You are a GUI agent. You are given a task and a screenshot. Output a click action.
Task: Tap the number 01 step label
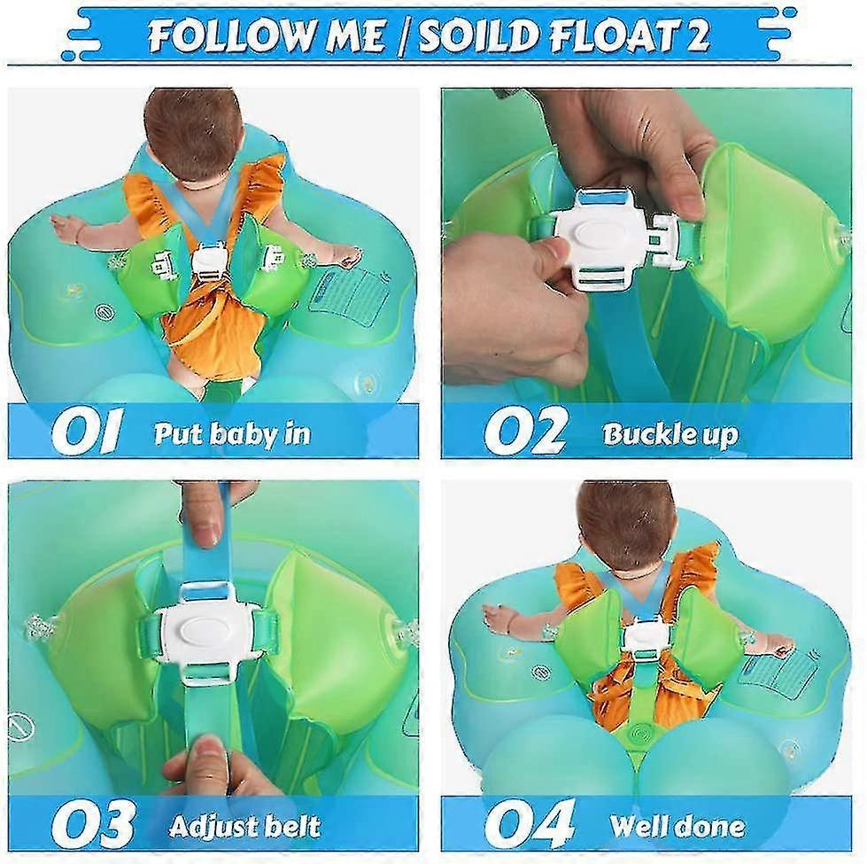click(87, 432)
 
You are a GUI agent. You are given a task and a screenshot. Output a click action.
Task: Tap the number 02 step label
click(526, 432)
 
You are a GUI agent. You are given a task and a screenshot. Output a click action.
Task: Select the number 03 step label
click(92, 824)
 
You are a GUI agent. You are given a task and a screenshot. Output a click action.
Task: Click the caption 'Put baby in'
click(232, 433)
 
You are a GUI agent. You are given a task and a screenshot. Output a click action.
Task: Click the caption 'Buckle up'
click(670, 434)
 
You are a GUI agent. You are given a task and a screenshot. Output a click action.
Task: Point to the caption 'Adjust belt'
click(244, 826)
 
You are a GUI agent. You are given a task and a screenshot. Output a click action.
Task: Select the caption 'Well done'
click(677, 826)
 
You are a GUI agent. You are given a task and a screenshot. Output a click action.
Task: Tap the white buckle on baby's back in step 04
click(646, 636)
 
